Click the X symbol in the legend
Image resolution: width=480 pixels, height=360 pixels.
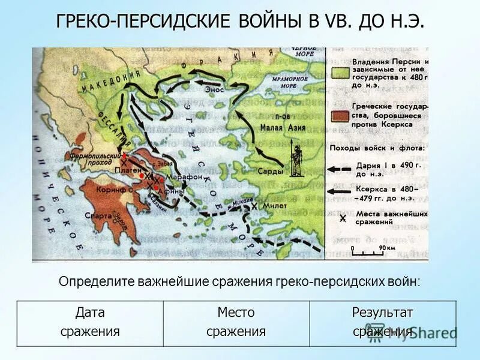click(x=343, y=218)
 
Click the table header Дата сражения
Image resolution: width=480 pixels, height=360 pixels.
click(x=90, y=322)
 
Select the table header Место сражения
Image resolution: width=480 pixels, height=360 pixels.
click(x=236, y=322)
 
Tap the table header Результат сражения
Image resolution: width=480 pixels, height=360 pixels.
click(x=382, y=322)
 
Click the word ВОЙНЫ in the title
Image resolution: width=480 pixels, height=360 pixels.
click(x=271, y=22)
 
